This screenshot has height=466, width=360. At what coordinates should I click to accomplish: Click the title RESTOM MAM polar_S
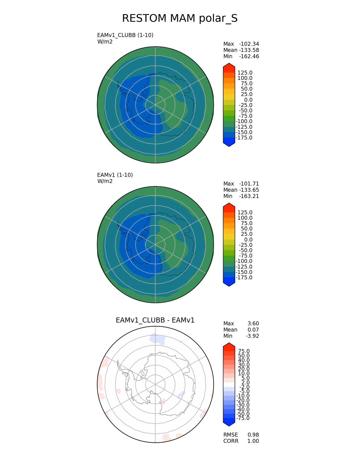coord(180,18)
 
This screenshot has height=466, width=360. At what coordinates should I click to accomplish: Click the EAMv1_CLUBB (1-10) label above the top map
coord(125,35)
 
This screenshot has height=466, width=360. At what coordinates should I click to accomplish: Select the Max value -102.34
coord(249,44)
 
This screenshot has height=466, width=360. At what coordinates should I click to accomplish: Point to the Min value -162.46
coord(249,56)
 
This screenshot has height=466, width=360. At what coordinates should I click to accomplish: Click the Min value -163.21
coord(249,196)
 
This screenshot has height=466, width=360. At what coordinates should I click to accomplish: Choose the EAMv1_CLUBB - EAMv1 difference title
coord(155,320)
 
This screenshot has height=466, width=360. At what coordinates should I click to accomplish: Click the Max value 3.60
coord(253,324)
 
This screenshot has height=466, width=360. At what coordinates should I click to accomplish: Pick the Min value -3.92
coord(252,336)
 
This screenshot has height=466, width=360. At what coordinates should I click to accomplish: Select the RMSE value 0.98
coord(253,435)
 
